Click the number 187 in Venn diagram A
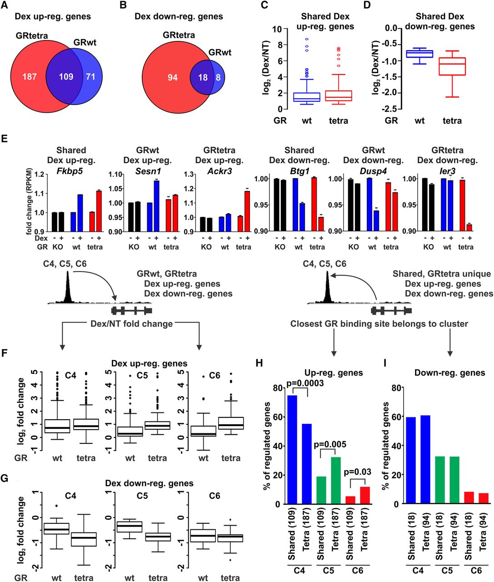tap(29, 76)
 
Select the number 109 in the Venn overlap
tap(66, 76)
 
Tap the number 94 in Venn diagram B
tap(172, 77)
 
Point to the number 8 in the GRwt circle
tap(218, 77)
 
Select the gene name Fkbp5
tap(71, 170)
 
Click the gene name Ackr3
tap(220, 170)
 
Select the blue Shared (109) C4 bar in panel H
tap(292, 450)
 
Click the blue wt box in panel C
tap(307, 97)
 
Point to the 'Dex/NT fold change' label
tap(130, 324)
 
